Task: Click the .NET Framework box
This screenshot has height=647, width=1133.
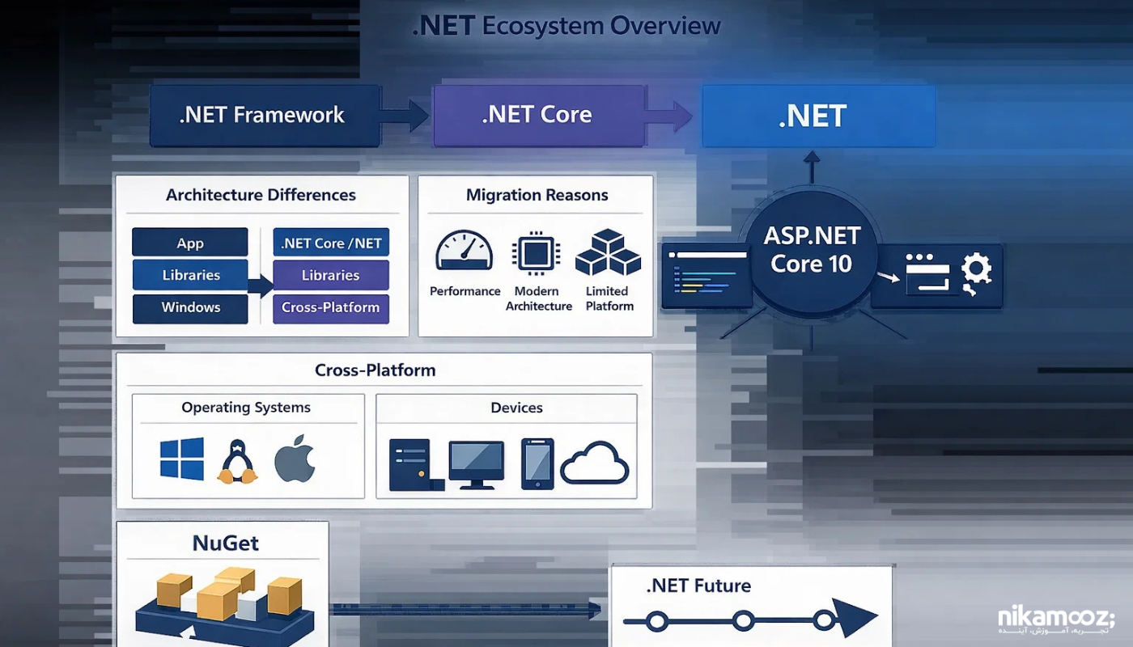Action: (x=265, y=116)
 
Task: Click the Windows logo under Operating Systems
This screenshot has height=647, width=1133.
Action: (x=181, y=459)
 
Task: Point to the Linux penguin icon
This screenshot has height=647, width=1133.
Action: (x=237, y=462)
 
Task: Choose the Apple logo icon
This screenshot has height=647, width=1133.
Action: (x=294, y=460)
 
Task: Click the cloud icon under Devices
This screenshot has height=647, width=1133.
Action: (x=594, y=464)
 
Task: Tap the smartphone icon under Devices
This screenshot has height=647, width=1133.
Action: (x=537, y=463)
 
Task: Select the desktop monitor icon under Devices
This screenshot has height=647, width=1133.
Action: (x=477, y=464)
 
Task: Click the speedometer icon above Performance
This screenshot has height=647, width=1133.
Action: (x=464, y=252)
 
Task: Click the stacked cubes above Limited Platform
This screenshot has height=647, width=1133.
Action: (x=608, y=253)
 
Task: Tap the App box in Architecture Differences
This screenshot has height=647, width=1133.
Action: (x=189, y=243)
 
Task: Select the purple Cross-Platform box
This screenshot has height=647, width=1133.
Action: (x=330, y=307)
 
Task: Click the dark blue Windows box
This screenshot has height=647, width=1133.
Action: (x=189, y=307)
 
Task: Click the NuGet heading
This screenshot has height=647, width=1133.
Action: (x=225, y=543)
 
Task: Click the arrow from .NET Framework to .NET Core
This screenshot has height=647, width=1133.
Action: (x=406, y=116)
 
